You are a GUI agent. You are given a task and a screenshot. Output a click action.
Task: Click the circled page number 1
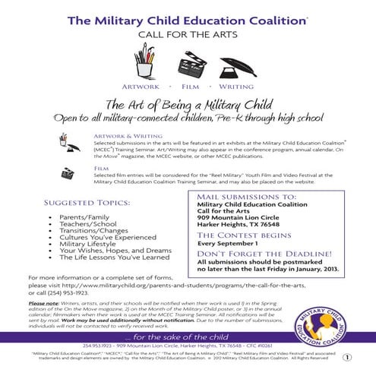(347, 357)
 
